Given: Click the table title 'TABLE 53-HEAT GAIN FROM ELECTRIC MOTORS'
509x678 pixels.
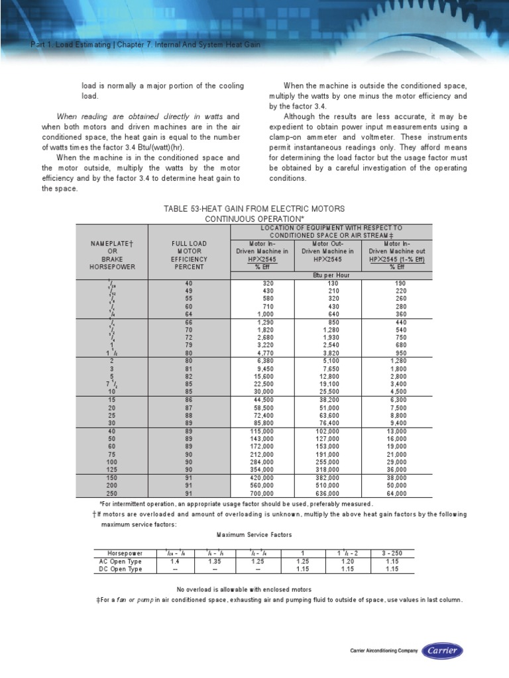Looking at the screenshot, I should pos(254,209).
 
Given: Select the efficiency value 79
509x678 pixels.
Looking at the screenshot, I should pos(189,345).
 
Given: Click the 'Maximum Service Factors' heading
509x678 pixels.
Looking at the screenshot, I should pos(254,534).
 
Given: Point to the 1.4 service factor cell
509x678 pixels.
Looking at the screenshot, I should pos(172,561).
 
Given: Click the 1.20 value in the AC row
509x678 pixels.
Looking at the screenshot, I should pos(350,561).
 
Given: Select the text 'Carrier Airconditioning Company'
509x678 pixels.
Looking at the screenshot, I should pos(384,652).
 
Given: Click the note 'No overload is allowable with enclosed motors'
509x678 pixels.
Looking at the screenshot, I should pos(244,589).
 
